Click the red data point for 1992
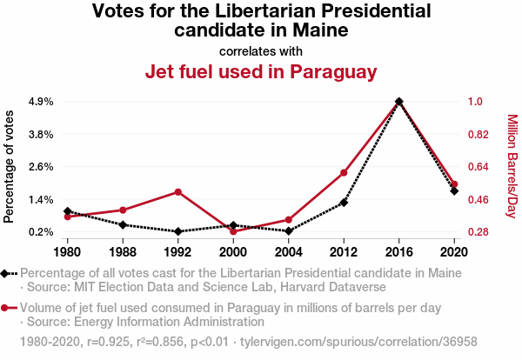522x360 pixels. point(177,191)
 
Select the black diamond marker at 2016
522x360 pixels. point(398,102)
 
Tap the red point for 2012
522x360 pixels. point(344,172)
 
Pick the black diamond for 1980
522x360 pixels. point(67,211)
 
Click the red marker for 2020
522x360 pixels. point(454,184)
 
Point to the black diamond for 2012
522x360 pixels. point(344,203)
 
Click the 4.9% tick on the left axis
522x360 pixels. point(41,102)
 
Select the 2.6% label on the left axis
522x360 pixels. point(41,167)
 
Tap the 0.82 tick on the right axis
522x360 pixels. point(478,135)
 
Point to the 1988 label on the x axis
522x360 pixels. point(123,252)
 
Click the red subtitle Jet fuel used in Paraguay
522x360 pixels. point(260,71)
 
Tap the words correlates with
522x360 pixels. point(260,50)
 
